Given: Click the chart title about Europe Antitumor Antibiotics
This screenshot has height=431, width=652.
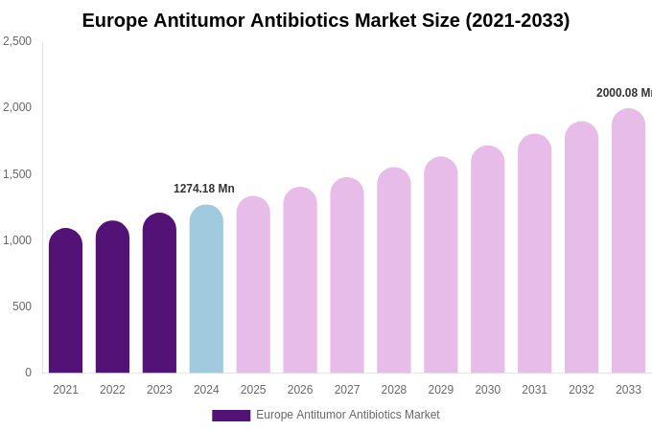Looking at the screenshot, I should (x=325, y=20).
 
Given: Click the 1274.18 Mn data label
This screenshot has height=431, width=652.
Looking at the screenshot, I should (x=203, y=189).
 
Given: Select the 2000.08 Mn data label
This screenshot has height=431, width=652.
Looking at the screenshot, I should (x=623, y=93).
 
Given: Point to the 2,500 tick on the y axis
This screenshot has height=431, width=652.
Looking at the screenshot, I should (x=17, y=41).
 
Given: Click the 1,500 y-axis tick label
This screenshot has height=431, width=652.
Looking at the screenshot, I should (x=17, y=174).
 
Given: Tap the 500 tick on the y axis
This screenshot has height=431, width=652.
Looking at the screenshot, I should (x=21, y=306).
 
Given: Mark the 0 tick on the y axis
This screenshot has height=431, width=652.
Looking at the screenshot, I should (x=28, y=373).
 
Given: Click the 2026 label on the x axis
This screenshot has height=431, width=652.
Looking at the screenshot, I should (x=300, y=390).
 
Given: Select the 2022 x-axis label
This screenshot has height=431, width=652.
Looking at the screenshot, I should (x=112, y=390).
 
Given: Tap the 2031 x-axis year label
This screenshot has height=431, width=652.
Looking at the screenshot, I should (x=534, y=390).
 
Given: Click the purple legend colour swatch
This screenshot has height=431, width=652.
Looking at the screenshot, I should (x=231, y=416).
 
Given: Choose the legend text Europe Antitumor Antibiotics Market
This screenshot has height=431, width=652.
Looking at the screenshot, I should (x=347, y=415).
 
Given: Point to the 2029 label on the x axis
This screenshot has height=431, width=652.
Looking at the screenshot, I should (x=441, y=390).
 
